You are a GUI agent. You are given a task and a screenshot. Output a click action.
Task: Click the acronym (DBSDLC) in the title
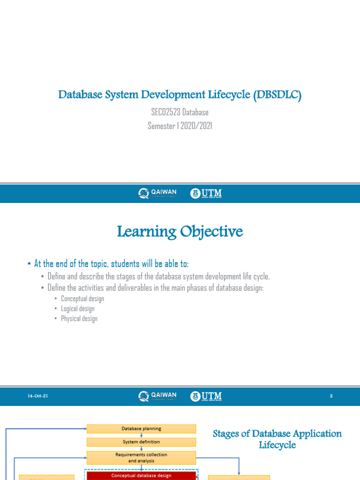[277, 95]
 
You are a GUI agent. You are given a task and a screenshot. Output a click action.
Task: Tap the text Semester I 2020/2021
[180, 126]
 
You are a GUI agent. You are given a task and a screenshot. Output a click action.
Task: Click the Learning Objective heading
[180, 232]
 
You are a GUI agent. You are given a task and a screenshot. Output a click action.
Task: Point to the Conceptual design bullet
[82, 299]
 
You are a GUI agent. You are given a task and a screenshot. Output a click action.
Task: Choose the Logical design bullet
[77, 309]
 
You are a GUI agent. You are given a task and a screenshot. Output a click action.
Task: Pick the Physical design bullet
[79, 319]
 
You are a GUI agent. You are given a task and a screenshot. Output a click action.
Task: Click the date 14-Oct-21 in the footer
[37, 397]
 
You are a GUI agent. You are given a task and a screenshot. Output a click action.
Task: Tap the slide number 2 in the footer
[331, 397]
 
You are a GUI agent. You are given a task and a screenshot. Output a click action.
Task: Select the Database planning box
[141, 428]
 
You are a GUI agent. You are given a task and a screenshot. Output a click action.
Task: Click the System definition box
[141, 442]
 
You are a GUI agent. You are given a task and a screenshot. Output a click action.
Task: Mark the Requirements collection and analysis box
[141, 457]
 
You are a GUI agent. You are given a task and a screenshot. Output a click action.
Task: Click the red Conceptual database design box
[141, 475]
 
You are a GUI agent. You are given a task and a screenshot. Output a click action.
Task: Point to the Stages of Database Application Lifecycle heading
[277, 439]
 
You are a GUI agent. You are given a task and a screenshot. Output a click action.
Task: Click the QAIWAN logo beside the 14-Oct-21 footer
[158, 397]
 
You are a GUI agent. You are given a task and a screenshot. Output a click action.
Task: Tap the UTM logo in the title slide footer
[206, 194]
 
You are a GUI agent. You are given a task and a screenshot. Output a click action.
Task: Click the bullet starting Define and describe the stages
[158, 276]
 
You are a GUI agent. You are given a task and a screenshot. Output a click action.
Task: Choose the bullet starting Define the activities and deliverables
[156, 288]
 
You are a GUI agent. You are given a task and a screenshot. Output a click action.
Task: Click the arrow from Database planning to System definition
[141, 435]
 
